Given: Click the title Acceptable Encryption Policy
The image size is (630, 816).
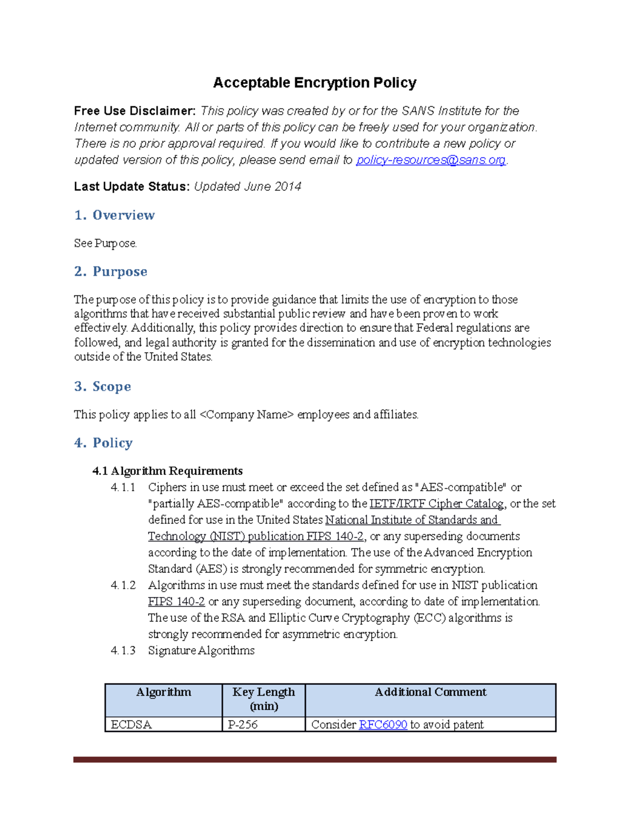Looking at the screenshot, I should [x=314, y=83].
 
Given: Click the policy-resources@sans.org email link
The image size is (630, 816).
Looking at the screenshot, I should [x=430, y=160].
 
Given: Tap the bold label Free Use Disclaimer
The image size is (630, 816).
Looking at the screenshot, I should [x=134, y=111].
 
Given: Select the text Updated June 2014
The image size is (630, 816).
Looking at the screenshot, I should [x=247, y=187].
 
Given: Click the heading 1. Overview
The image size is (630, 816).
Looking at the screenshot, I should [x=114, y=215].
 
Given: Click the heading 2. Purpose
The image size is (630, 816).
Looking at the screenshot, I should [x=111, y=272].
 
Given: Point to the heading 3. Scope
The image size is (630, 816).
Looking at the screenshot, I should [x=102, y=387].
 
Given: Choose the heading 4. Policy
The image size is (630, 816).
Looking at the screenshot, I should [x=103, y=443].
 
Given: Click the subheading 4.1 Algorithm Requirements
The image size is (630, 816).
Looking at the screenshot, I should [x=167, y=471].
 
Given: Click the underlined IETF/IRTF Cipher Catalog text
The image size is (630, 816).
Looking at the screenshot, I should [x=436, y=503].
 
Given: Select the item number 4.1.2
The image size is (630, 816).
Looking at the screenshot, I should [x=123, y=585].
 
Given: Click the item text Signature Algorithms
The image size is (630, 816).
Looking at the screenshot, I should [x=201, y=650].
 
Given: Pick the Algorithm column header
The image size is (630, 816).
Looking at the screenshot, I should [x=163, y=692].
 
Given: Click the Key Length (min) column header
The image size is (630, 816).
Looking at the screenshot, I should [x=264, y=699].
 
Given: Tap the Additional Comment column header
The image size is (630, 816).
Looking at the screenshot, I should [x=430, y=692].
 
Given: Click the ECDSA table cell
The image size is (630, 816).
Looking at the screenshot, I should [x=131, y=725].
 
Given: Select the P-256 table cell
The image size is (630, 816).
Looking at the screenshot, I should [x=243, y=725].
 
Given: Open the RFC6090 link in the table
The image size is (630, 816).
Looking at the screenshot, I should [x=383, y=725].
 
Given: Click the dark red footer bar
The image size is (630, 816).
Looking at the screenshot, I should [x=314, y=759].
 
